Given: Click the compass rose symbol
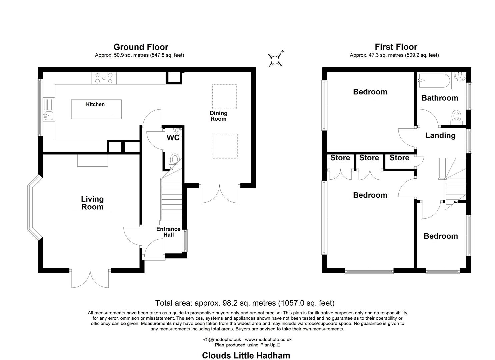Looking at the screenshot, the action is pos(275,59).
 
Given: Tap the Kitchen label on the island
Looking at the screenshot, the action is pos(95,104).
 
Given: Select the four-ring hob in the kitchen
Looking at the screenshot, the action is pos(104,78).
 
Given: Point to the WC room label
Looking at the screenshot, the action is pos(173,138).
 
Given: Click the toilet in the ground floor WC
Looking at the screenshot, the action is pos(174,161).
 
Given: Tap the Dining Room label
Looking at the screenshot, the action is pos(218,116).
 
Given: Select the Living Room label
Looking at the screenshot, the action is pos(92,203).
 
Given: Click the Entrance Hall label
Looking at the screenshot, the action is pos(168,232).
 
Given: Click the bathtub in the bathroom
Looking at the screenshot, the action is pos(434,81).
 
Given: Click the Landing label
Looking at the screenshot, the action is pos(440,135).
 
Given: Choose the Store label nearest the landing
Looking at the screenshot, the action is pos(399,158).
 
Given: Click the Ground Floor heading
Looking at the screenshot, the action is pos(141,47).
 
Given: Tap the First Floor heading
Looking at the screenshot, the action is pos(396,47).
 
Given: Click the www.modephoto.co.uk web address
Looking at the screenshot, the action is pos(268,339).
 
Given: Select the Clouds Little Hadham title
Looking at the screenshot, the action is pos(246,355).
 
